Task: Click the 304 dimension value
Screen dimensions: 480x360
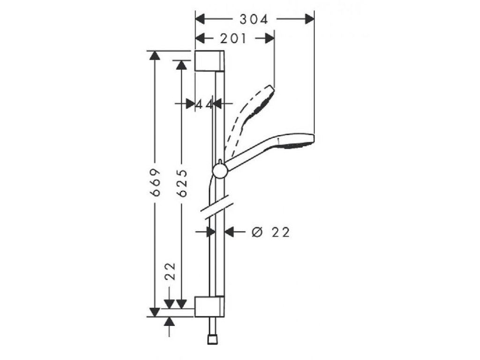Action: (254, 19)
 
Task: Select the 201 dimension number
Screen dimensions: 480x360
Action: (233, 39)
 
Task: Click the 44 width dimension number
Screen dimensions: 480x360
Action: (205, 104)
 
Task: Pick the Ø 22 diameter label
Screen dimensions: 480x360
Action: (270, 232)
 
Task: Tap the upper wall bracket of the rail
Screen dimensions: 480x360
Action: (210, 60)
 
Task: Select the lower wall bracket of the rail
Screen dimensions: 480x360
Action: (210, 306)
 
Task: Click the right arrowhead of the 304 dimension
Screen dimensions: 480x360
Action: (309, 19)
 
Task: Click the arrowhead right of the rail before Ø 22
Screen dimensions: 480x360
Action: (230, 231)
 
